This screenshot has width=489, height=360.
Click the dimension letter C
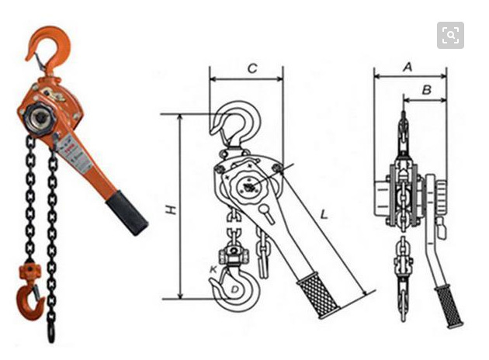pos(252,68)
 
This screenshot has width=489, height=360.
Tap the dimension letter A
pos(408,67)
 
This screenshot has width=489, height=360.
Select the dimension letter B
pos(427,90)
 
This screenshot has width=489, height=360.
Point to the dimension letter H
pos(171,209)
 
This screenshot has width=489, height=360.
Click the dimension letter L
pos(324,214)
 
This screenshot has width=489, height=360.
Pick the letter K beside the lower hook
pos(213,269)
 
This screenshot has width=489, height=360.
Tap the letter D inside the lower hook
pos(234,289)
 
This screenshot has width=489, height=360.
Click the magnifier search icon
pos(450,35)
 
